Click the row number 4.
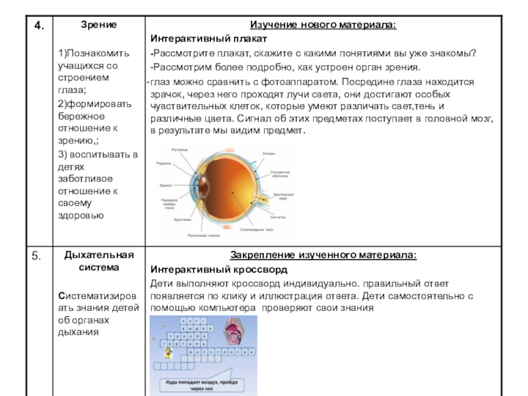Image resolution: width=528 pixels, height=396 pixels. (40, 26)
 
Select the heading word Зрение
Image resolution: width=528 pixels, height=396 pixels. (98, 24)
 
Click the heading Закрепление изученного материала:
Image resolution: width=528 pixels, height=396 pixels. (323, 255)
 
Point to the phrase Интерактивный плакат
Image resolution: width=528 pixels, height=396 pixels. (208, 39)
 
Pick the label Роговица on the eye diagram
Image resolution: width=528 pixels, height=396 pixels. (180, 150)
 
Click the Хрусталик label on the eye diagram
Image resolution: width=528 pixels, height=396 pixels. (182, 219)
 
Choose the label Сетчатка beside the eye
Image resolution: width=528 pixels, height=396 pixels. (277, 216)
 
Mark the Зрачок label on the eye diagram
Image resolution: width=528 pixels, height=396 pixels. (166, 185)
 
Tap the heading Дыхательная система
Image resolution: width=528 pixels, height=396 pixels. (98, 261)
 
